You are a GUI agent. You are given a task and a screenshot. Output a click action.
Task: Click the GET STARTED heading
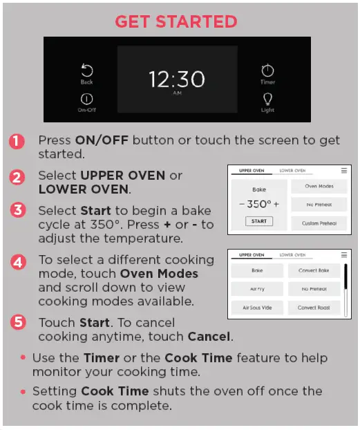[176, 21]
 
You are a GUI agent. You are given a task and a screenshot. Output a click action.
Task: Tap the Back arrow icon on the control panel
[87, 71]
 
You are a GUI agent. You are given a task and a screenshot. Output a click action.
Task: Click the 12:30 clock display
[177, 79]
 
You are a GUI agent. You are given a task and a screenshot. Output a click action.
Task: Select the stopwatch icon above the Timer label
[267, 71]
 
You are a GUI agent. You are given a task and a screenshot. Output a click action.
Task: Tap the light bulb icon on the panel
[267, 98]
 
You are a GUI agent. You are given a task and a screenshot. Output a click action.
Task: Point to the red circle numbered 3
[17, 210]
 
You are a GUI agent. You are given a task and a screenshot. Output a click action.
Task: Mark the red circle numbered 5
[17, 322]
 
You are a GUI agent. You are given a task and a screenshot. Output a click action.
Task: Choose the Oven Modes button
[319, 187]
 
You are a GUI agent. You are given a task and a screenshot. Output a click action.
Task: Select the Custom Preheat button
[319, 223]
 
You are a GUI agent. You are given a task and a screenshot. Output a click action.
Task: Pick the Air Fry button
[256, 290]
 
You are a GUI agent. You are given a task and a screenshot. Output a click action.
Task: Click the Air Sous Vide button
[256, 308]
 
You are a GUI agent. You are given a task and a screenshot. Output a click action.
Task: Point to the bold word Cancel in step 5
[209, 337]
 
